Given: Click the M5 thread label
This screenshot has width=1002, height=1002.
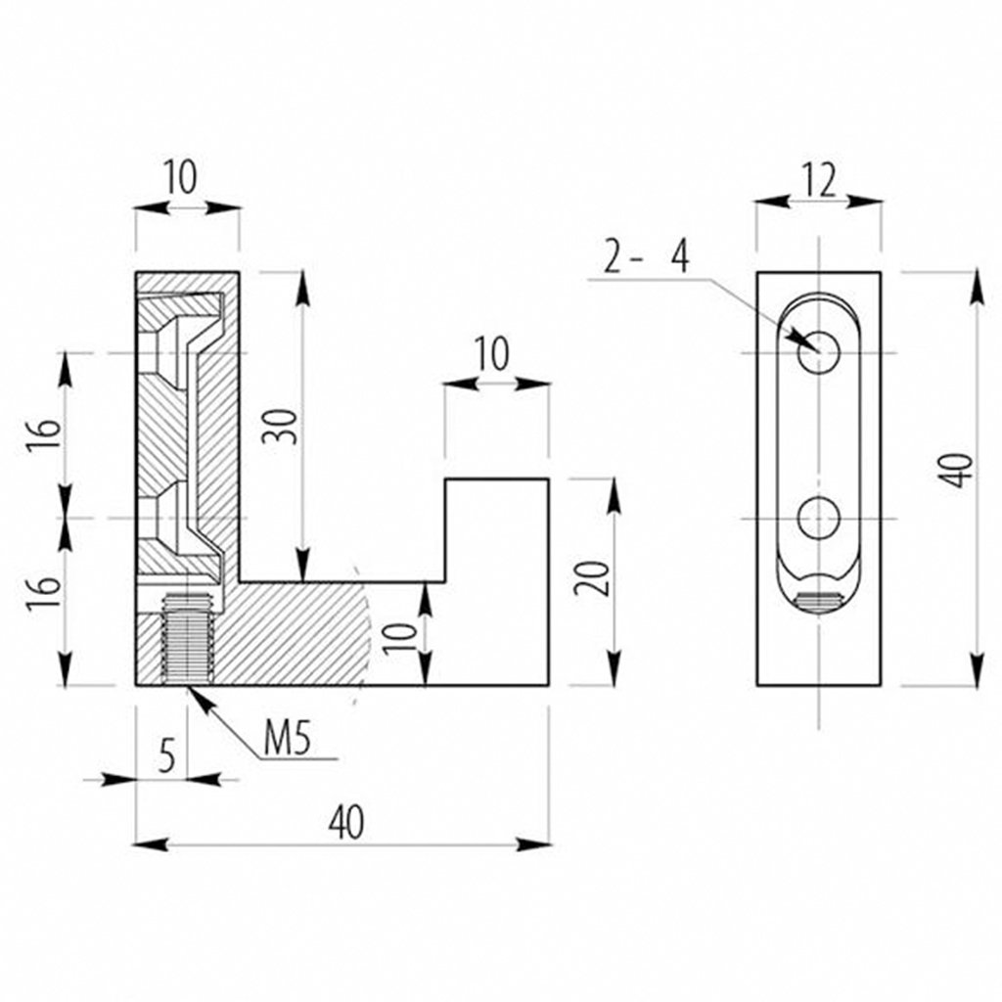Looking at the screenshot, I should [x=287, y=739].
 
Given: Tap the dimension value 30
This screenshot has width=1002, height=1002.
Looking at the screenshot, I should [x=281, y=424].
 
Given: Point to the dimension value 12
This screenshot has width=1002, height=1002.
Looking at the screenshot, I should [x=820, y=180].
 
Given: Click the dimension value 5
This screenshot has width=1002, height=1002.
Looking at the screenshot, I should [x=166, y=755].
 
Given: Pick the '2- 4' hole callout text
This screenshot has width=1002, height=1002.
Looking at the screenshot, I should [x=646, y=258].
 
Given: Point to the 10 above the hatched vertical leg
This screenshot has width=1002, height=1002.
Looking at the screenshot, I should [x=181, y=179].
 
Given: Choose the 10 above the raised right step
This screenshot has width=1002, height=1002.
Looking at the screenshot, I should [x=493, y=355].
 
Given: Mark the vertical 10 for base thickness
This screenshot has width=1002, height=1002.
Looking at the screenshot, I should [x=398, y=633].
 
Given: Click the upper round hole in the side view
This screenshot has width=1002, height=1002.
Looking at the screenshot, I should [x=819, y=352].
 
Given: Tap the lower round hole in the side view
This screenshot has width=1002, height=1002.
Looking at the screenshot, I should [x=819, y=517].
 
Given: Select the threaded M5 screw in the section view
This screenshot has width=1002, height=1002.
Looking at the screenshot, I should [x=187, y=640].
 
